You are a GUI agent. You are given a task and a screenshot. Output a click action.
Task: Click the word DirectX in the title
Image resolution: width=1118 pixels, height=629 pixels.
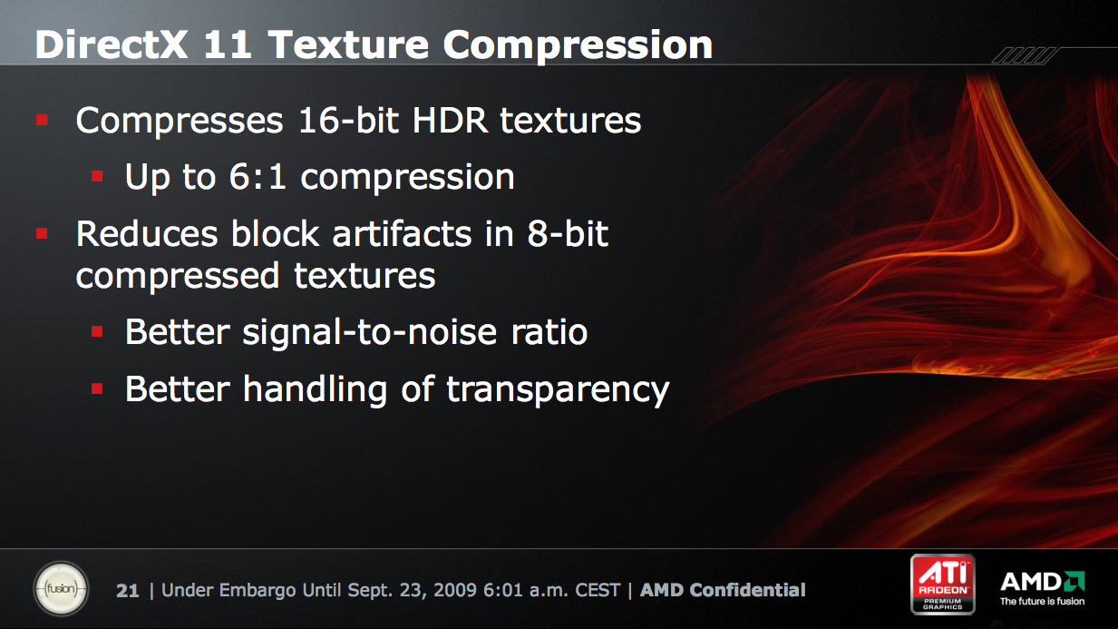click(x=111, y=45)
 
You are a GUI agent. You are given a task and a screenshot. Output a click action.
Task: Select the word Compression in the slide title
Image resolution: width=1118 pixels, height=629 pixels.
click(x=578, y=46)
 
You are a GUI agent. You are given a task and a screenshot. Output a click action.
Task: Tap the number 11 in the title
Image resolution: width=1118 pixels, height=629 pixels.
click(x=228, y=45)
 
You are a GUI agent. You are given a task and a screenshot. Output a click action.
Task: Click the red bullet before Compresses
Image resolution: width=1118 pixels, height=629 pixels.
click(x=42, y=120)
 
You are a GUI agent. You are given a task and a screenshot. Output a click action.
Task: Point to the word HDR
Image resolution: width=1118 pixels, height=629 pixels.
click(x=450, y=121)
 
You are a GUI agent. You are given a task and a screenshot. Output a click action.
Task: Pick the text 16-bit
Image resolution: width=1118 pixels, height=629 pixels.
click(x=348, y=121)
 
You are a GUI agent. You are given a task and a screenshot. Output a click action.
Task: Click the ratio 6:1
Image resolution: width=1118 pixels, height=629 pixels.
click(x=258, y=176)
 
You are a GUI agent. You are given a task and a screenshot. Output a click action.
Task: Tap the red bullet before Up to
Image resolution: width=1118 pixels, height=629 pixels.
click(x=97, y=176)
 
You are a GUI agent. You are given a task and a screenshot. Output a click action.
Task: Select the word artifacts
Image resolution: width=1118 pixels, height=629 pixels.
click(x=402, y=234)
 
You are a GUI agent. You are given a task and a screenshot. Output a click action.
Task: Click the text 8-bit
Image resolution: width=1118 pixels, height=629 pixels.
click(x=568, y=233)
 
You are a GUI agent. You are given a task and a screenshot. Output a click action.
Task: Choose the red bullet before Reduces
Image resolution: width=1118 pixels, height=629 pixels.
click(x=42, y=233)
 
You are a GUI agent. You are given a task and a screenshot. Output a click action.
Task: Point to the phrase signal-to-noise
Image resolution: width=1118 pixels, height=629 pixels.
click(x=370, y=331)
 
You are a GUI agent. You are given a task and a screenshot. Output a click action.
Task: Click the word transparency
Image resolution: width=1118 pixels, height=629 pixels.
click(x=558, y=390)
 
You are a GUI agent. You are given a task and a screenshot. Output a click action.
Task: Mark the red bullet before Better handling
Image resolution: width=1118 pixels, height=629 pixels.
click(x=97, y=388)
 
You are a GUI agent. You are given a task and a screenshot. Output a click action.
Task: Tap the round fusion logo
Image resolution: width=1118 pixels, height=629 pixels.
click(x=61, y=588)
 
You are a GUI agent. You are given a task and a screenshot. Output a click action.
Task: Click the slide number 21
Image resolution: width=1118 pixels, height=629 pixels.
click(x=127, y=591)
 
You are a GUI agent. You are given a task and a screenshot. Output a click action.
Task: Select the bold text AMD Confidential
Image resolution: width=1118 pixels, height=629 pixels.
click(x=723, y=591)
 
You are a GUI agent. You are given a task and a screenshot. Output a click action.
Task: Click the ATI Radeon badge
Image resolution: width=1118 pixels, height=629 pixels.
click(x=942, y=584)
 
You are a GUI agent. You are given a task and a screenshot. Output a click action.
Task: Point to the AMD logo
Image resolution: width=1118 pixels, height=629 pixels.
click(x=1042, y=588)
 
